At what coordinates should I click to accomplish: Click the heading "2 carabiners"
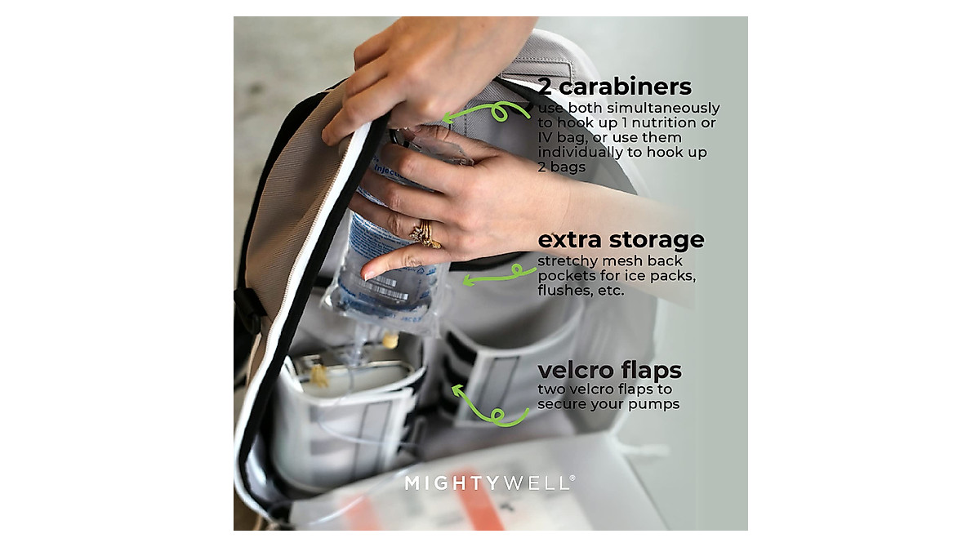pyautogui.click(x=614, y=87)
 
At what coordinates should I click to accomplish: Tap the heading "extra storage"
pyautogui.click(x=621, y=240)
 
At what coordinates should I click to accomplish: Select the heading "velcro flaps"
pyautogui.click(x=609, y=370)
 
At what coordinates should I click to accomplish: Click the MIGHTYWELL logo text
pyautogui.click(x=488, y=483)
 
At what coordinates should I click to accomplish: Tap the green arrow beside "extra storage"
pyautogui.click(x=493, y=276)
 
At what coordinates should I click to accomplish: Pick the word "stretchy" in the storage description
pyautogui.click(x=566, y=261)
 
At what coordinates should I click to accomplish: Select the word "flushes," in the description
pyautogui.click(x=563, y=291)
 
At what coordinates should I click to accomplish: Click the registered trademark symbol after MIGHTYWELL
pyautogui.click(x=573, y=478)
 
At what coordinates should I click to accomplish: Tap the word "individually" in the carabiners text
pyautogui.click(x=581, y=153)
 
